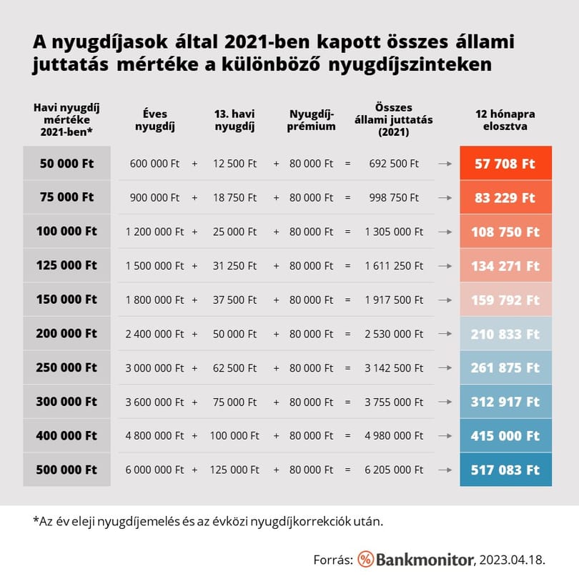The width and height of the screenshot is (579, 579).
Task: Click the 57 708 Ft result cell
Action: tap(505, 163)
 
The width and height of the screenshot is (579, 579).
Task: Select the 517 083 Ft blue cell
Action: tap(505, 470)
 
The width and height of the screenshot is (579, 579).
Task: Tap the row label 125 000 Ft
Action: tap(66, 265)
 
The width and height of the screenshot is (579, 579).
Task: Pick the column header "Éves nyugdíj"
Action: tap(155, 119)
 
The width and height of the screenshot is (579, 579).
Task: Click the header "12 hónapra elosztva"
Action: tap(505, 119)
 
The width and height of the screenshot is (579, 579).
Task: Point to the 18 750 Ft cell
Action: tap(234, 197)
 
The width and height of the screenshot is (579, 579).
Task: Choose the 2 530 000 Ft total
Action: tap(394, 334)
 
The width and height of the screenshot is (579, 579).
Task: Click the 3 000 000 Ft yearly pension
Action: tap(154, 368)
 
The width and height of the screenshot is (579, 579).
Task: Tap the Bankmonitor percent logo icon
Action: tap(365, 559)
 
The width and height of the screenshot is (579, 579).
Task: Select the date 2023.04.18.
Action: tap(512, 560)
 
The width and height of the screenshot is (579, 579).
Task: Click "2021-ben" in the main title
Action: tap(267, 41)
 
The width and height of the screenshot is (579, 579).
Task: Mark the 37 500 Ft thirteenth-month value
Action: tap(234, 300)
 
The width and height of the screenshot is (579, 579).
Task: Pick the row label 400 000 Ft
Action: tap(66, 435)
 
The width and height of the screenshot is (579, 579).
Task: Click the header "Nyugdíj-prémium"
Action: tap(311, 119)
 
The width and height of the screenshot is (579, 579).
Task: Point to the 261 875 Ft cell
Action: tap(505, 367)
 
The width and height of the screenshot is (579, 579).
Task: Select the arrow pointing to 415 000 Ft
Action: tap(445, 436)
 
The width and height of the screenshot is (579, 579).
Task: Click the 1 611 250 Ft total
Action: tap(394, 265)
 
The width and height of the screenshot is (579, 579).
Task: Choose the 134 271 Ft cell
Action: tap(505, 265)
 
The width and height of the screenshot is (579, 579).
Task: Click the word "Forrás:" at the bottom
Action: tap(333, 560)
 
